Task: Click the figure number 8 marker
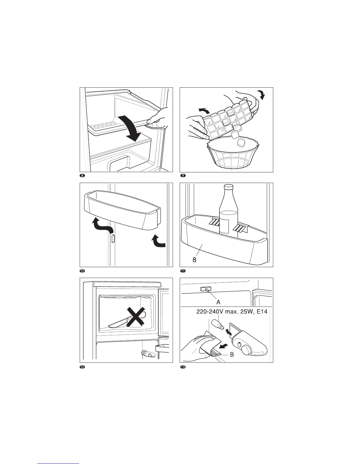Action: [83, 176]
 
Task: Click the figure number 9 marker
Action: [183, 176]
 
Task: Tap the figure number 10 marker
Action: [83, 271]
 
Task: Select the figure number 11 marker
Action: [183, 271]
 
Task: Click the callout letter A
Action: [218, 302]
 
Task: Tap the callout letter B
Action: [232, 355]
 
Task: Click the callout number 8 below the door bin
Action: [194, 260]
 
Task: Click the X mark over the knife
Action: [135, 317]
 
